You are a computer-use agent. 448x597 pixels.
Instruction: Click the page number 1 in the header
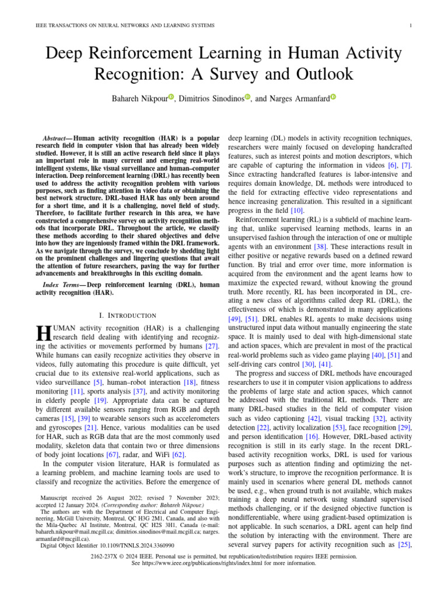[x=412, y=26]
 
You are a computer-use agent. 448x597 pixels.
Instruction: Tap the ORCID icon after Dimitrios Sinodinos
[x=247, y=97]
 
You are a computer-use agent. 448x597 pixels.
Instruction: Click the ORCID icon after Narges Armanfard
[x=333, y=97]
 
